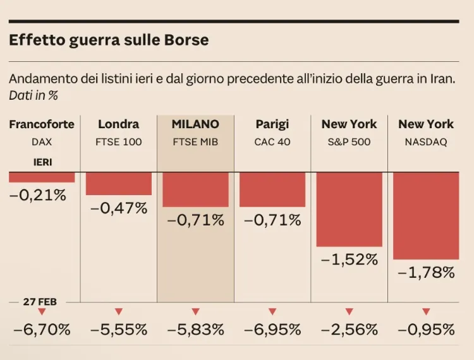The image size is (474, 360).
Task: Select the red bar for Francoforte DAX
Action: (x=42, y=177)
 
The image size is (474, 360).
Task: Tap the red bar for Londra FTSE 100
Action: (x=119, y=183)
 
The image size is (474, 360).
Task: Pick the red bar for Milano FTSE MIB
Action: (x=195, y=189)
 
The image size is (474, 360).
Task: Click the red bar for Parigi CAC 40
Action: (x=272, y=189)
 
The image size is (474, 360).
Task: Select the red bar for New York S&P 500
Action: (x=349, y=209)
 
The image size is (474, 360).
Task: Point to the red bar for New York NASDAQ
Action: (x=426, y=215)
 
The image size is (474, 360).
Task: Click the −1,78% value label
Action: (x=426, y=273)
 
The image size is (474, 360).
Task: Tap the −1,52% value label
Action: (x=349, y=260)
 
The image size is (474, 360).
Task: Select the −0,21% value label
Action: (x=38, y=195)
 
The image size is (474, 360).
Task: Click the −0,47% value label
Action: (x=119, y=208)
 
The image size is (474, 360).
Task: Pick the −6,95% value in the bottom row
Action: (x=272, y=330)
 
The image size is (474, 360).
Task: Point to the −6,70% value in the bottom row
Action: (x=42, y=330)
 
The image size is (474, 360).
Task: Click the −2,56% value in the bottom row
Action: (x=349, y=330)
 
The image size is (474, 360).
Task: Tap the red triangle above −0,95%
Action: (x=426, y=311)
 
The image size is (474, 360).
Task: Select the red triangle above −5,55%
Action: (x=119, y=311)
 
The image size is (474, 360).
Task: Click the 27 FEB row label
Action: (x=40, y=302)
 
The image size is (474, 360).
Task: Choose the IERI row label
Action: (x=42, y=162)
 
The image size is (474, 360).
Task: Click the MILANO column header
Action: (x=195, y=124)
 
